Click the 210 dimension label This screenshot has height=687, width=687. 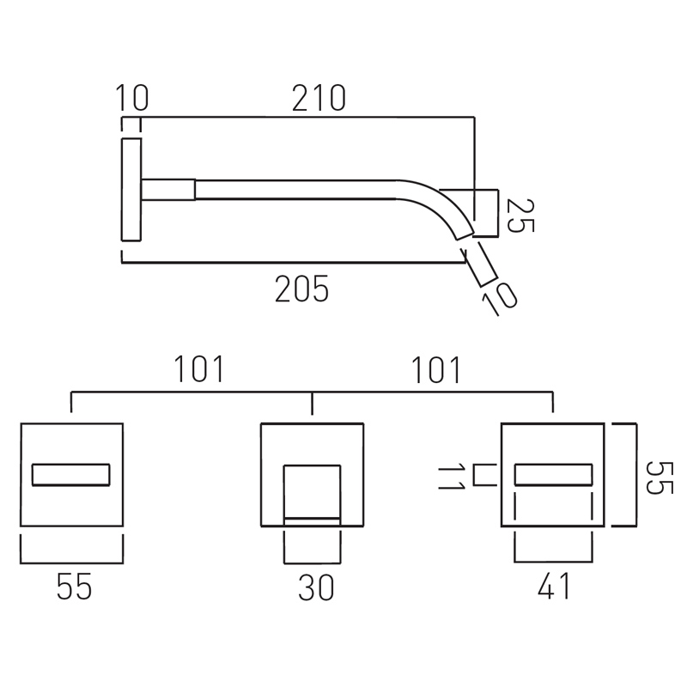pos(319,98)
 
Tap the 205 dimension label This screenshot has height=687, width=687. pos(301,289)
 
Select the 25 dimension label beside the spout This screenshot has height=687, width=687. pos(520,216)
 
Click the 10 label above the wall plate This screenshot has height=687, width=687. pos(132,98)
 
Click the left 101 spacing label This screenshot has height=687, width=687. pos(199,369)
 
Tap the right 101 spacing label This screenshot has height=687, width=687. pos(436,370)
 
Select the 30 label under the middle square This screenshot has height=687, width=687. pos(316,587)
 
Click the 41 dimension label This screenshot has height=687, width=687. pos(554,586)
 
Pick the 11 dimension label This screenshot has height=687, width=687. pos(451,477)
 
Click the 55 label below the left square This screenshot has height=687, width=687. pos(74,587)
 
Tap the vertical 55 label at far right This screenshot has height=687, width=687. pos(660,477)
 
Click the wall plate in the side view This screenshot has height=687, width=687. pos(131,189)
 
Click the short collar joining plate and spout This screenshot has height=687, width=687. pos(168,189)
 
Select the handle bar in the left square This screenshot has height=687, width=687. pos(71,475)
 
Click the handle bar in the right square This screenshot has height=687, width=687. pos(553,475)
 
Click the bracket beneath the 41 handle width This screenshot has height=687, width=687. pos(553,561)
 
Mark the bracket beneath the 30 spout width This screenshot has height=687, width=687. pos(312,562)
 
